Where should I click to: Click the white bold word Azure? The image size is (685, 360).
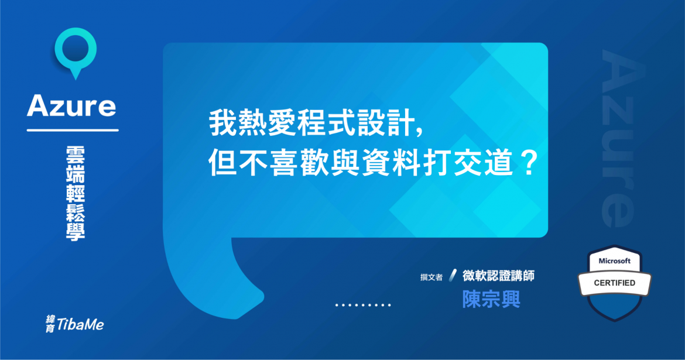click(71, 107)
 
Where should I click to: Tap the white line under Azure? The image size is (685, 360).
click(73, 130)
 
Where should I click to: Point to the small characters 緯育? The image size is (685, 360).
click(50, 324)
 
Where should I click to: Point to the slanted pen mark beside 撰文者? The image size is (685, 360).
click(452, 276)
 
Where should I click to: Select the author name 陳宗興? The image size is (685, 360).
click(491, 299)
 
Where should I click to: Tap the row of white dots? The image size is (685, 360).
click(363, 305)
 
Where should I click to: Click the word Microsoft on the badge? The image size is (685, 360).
click(614, 261)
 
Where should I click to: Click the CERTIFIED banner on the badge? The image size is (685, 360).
click(614, 283)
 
